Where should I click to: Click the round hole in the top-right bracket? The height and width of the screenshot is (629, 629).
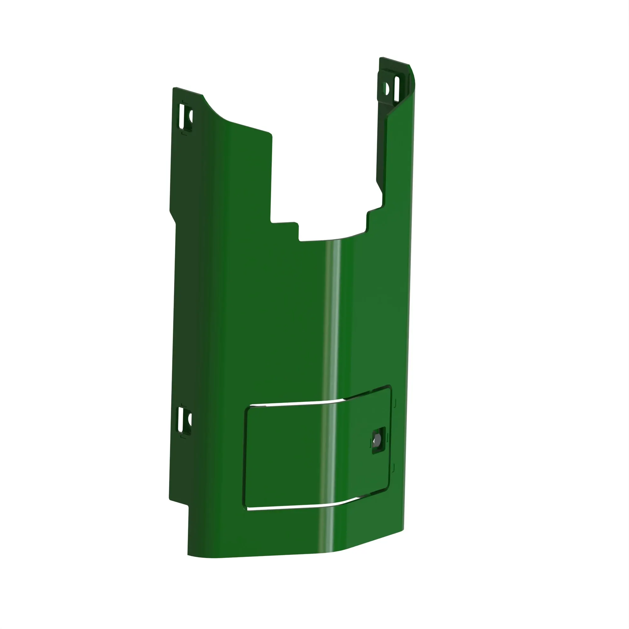[387, 88]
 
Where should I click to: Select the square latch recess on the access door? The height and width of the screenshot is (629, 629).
[379, 440]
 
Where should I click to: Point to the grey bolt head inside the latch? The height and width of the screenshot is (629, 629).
[377, 440]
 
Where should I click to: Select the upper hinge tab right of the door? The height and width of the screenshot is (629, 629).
[395, 403]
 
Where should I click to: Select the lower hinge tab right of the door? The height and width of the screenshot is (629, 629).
[393, 468]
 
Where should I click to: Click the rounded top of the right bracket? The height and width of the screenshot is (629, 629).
[411, 72]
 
